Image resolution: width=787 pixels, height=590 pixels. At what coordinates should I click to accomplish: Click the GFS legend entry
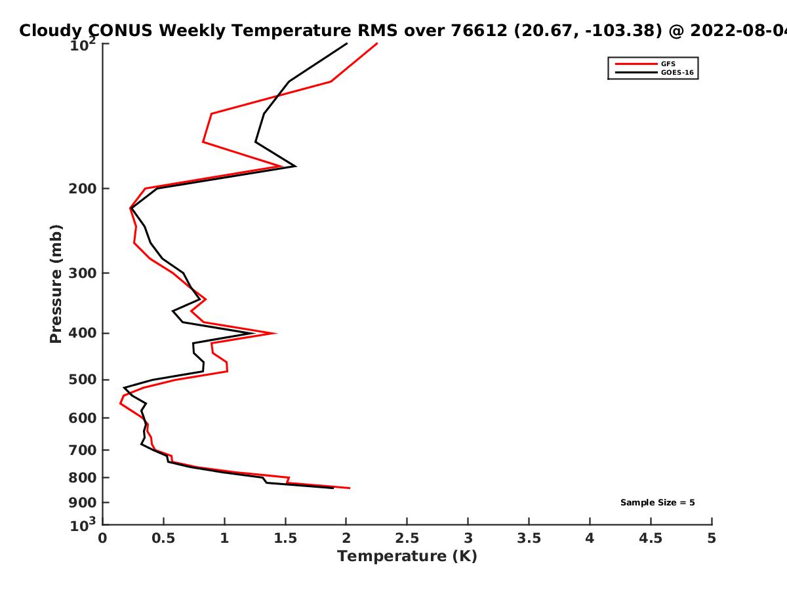(x=668, y=64)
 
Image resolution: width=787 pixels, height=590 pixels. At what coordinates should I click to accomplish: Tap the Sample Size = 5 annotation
(x=657, y=503)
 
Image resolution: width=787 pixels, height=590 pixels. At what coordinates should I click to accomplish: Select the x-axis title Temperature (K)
(x=407, y=557)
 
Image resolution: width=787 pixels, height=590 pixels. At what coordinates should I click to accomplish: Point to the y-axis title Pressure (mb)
(x=56, y=283)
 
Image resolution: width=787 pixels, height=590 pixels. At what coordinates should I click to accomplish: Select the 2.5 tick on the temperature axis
(x=407, y=538)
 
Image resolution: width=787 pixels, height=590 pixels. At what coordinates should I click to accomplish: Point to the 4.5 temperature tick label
(x=651, y=538)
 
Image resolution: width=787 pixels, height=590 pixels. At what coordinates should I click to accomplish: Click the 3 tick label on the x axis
(x=468, y=538)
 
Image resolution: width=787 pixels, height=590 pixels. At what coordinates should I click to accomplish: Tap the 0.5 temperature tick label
(x=163, y=538)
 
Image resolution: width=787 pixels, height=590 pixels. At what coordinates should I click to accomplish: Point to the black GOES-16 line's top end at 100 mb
(x=346, y=43)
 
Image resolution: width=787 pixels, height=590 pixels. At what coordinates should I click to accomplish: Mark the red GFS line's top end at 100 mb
(x=377, y=43)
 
